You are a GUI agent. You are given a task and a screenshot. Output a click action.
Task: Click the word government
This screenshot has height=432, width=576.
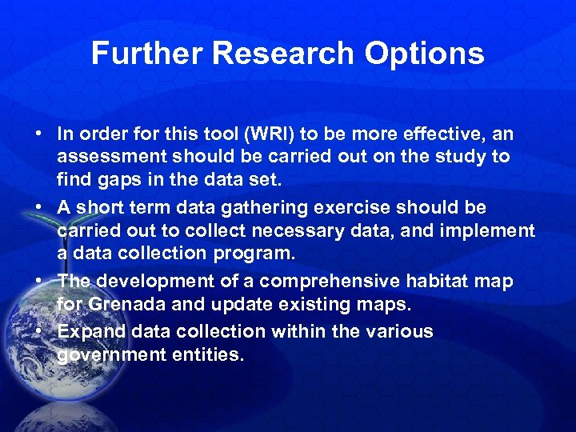(111, 354)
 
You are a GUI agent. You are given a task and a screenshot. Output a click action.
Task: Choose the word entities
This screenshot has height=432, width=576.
(207, 354)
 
